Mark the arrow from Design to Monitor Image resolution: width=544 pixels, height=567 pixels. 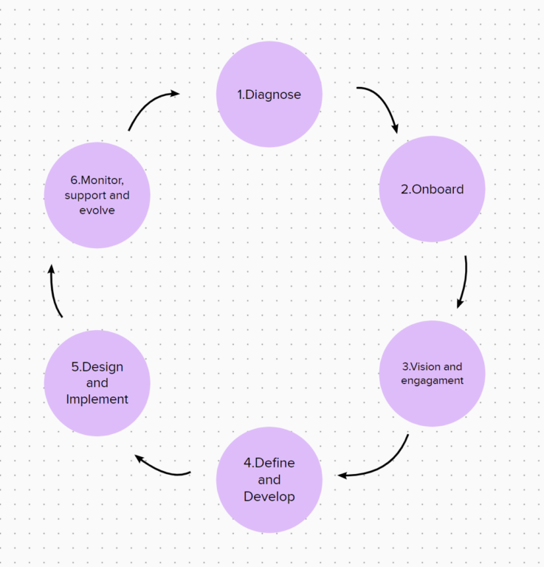[54, 292]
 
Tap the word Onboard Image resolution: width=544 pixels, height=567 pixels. [438, 189]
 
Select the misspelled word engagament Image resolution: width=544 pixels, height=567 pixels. [432, 381]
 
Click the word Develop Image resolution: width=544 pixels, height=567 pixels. [269, 497]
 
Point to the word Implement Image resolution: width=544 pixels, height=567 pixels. [97, 399]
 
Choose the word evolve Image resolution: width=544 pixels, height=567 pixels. [97, 210]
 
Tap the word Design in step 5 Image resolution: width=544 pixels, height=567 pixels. [102, 367]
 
